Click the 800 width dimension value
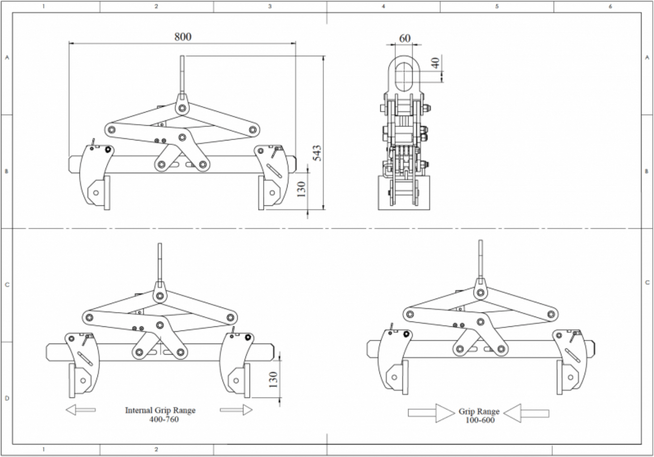(x=183, y=37)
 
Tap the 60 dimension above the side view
(x=405, y=38)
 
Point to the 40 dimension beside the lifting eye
(x=435, y=63)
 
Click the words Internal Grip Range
(x=160, y=410)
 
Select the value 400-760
(x=164, y=419)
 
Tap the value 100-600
(x=480, y=420)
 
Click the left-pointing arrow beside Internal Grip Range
(x=80, y=410)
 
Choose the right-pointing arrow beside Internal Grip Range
(x=236, y=410)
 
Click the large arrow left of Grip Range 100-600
(x=431, y=413)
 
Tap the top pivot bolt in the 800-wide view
(x=181, y=109)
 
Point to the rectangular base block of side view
(x=404, y=193)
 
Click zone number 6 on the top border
(x=610, y=6)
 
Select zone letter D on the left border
(x=7, y=399)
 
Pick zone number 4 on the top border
(x=383, y=6)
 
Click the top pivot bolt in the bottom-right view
(x=480, y=292)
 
